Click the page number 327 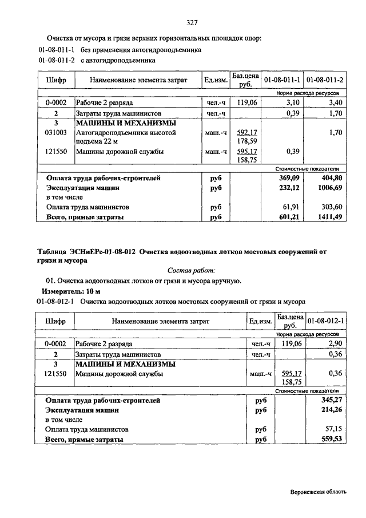[x=192, y=23]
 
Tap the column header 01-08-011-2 [x=324, y=80]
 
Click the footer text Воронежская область [x=317, y=492]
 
